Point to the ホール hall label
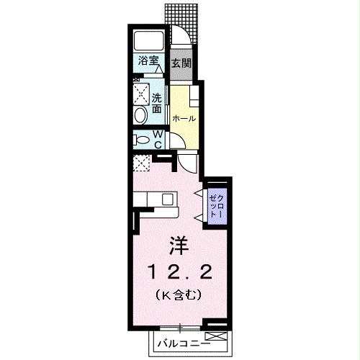pos(183,117)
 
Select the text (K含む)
pos(178,294)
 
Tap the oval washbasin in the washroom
pos(140,114)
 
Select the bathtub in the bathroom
pos(148,41)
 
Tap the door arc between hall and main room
pos(186,163)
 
